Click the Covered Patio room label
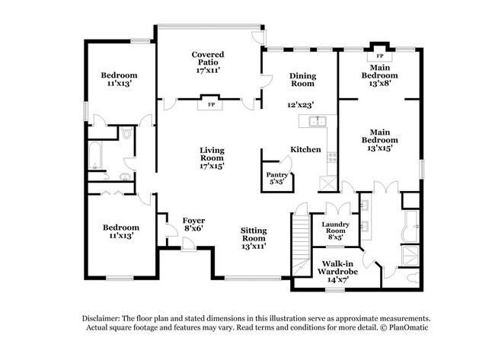pyautogui.click(x=208, y=62)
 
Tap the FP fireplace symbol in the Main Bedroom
pyautogui.click(x=380, y=56)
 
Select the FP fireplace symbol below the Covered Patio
pyautogui.click(x=210, y=104)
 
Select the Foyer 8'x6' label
pyautogui.click(x=193, y=225)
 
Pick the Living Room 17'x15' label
pyautogui.click(x=212, y=158)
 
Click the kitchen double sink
pyautogui.click(x=318, y=121)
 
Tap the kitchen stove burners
pyautogui.click(x=332, y=157)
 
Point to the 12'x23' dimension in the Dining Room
pyautogui.click(x=300, y=105)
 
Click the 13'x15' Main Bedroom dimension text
pyautogui.click(x=379, y=148)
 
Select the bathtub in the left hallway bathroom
pyautogui.click(x=95, y=155)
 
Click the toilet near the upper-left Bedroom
pyautogui.click(x=127, y=133)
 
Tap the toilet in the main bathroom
pyautogui.click(x=413, y=278)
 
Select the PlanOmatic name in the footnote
pyautogui.click(x=408, y=327)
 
